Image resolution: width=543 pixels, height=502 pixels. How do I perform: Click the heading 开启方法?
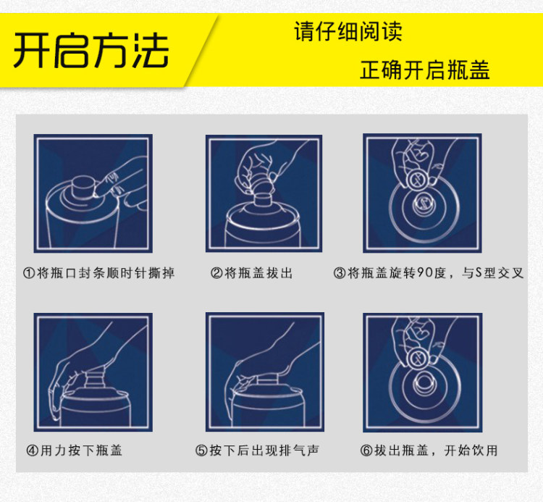point(90,51)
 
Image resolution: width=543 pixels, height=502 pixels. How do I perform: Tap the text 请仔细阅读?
point(348,31)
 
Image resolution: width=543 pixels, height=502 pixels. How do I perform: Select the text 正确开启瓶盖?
point(425,70)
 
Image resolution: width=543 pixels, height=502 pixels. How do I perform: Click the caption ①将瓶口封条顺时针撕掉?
point(98,273)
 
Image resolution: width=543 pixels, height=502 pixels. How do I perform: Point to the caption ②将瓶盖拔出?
point(251,273)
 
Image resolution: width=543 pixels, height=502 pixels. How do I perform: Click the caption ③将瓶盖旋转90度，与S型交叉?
point(428,273)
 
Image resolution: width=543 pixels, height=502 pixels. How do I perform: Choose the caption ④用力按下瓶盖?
point(74,451)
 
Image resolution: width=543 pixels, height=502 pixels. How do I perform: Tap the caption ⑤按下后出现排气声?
point(257,451)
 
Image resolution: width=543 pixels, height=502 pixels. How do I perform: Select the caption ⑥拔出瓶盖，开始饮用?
point(429,451)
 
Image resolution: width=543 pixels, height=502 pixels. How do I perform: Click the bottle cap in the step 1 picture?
point(84,187)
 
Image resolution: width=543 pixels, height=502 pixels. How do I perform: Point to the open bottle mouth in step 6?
point(424,382)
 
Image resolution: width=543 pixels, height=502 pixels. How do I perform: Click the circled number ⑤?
point(201,451)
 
